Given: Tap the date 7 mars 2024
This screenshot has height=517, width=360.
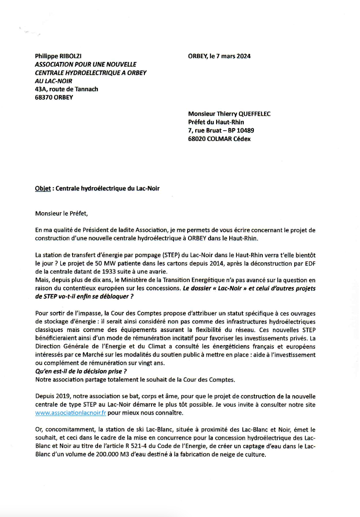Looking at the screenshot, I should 233,56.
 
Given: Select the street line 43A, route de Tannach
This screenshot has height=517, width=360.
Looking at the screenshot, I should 67,89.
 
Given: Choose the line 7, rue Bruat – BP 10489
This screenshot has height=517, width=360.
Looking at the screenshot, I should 221,130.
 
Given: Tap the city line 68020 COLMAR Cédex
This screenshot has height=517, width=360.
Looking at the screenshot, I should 219,139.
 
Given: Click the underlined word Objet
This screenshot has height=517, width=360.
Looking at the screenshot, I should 43,188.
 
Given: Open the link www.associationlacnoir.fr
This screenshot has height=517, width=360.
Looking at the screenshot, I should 71,413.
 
